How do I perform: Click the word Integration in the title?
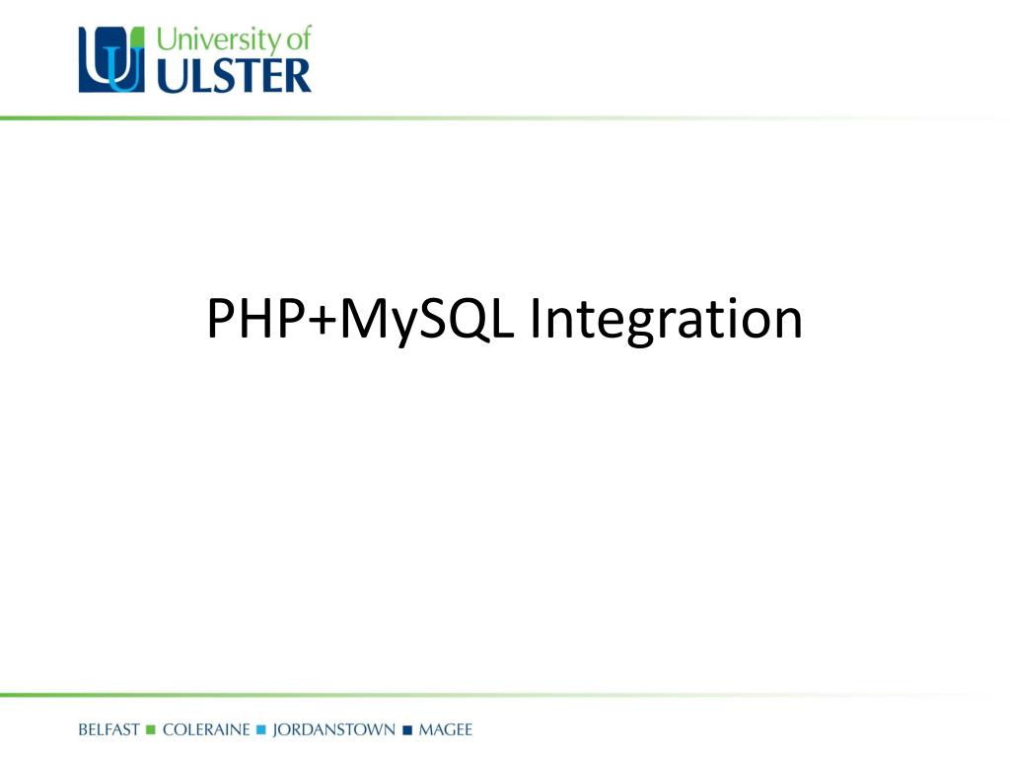[666, 320]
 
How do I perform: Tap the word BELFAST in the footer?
[108, 730]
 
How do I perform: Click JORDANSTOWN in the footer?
[332, 730]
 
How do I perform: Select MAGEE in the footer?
[446, 730]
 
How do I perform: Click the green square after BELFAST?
[151, 730]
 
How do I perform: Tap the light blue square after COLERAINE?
[261, 730]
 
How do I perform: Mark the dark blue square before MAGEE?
[406, 730]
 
